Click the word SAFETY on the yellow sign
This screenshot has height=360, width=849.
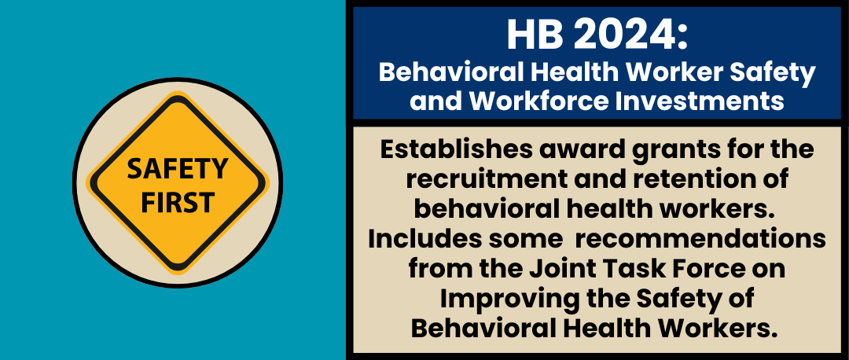click(x=178, y=168)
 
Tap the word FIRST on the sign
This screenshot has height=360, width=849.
click(x=178, y=201)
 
